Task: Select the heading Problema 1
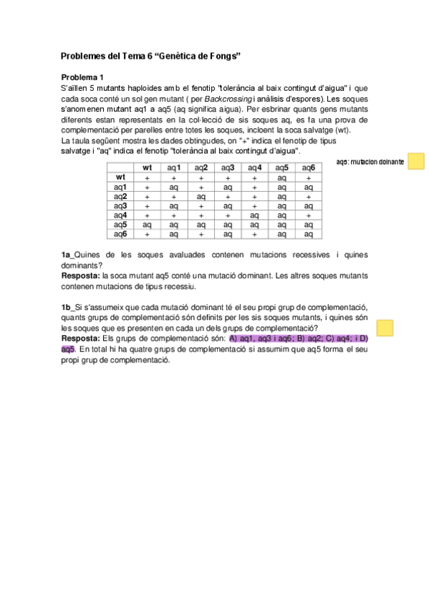pyautogui.click(x=82, y=77)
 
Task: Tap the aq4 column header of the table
pyautogui.click(x=254, y=167)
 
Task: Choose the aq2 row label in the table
pyautogui.click(x=120, y=195)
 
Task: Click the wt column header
pyautogui.click(x=147, y=167)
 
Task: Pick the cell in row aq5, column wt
pyautogui.click(x=147, y=224)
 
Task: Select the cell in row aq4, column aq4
pyautogui.click(x=254, y=215)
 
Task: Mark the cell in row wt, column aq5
pyautogui.click(x=281, y=177)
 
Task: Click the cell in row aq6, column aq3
pyautogui.click(x=228, y=233)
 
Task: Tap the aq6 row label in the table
pyautogui.click(x=120, y=233)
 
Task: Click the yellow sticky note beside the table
pyautogui.click(x=415, y=161)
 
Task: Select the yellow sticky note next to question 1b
pyautogui.click(x=385, y=328)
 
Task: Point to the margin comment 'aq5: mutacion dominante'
pyautogui.click(x=370, y=162)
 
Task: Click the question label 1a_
pyautogui.click(x=68, y=254)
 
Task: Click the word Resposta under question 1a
pyautogui.click(x=80, y=275)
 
